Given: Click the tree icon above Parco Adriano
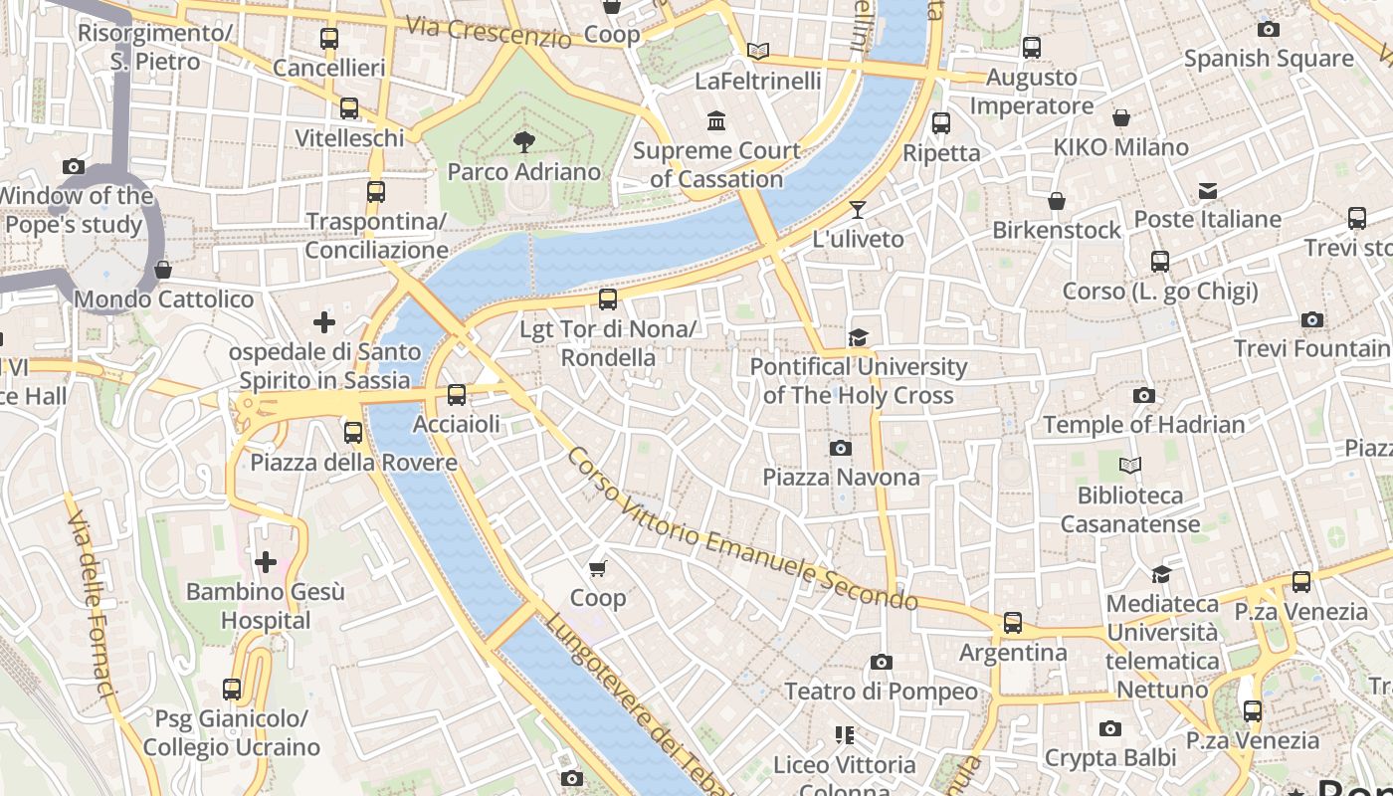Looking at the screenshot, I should pyautogui.click(x=523, y=142).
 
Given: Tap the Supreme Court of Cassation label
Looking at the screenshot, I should pyautogui.click(x=716, y=165).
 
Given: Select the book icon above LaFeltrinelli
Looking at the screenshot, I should pyautogui.click(x=758, y=51).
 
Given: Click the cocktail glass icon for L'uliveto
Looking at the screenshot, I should pyautogui.click(x=858, y=210).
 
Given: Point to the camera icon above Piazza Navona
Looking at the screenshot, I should pyautogui.click(x=841, y=448).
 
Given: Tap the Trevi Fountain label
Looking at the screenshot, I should pyautogui.click(x=1311, y=348).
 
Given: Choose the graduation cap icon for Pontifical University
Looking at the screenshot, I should pyautogui.click(x=858, y=337).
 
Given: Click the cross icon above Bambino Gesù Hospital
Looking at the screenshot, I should pyautogui.click(x=266, y=563).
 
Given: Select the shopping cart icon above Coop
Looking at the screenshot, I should pyautogui.click(x=597, y=568).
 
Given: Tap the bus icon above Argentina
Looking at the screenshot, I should pyautogui.click(x=1013, y=623).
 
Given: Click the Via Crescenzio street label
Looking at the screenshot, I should pyautogui.click(x=489, y=32).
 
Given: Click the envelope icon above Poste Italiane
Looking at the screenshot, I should pyautogui.click(x=1208, y=190).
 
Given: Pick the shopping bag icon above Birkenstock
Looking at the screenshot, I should pyautogui.click(x=1057, y=201).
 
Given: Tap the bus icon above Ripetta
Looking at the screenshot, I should pyautogui.click(x=941, y=123).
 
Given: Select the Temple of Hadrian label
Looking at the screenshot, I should pyautogui.click(x=1143, y=425).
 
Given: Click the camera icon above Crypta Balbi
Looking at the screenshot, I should pyautogui.click(x=1110, y=729).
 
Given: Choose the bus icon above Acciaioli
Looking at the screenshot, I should pyautogui.click(x=457, y=395).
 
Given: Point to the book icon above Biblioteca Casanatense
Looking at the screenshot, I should pyautogui.click(x=1130, y=465).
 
